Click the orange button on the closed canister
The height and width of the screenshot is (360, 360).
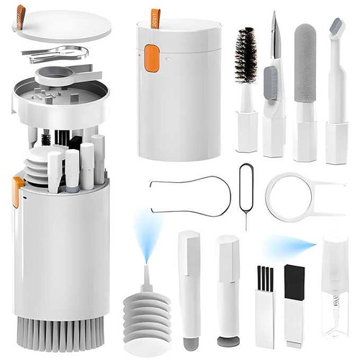coord(151,58)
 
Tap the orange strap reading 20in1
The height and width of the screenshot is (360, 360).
coord(156,17)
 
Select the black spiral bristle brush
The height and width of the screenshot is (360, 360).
coord(246,56)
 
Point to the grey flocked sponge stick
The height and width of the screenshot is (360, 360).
coord(305,54)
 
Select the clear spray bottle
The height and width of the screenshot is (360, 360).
coord(335,288)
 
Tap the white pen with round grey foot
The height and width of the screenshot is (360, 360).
coord(228,288)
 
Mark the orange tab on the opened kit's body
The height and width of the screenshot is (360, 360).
coord(17,191)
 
